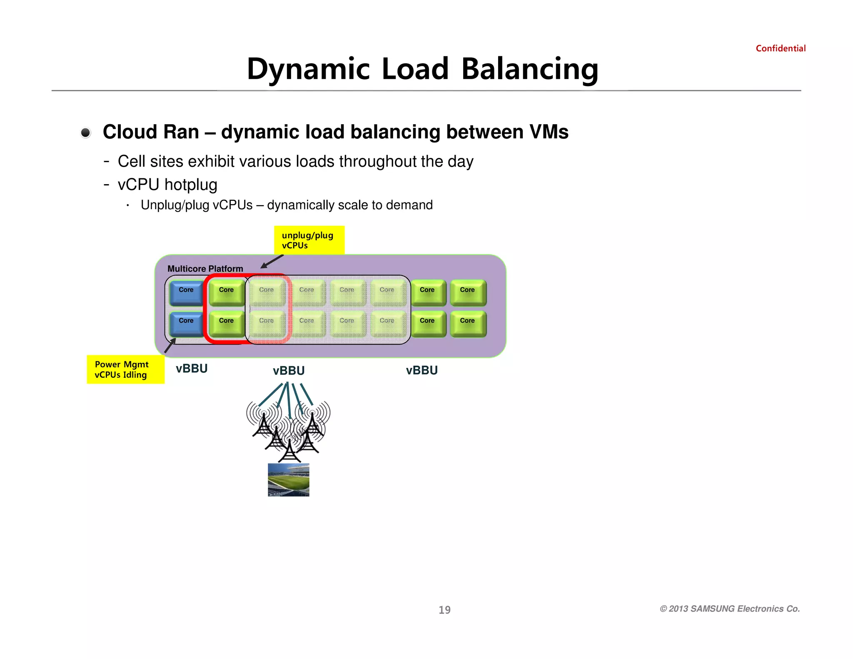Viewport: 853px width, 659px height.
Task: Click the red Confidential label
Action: click(780, 48)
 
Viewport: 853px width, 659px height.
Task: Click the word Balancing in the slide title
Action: click(529, 69)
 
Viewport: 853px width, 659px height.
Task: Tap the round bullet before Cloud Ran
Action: click(86, 133)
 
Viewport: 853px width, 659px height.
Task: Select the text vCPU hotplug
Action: click(167, 185)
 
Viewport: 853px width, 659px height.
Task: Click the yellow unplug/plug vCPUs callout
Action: click(309, 240)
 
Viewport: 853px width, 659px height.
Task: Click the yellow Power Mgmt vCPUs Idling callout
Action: click(125, 369)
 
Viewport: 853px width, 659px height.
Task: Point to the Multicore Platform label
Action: click(205, 269)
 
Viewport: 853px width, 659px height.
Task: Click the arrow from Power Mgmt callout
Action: click(170, 345)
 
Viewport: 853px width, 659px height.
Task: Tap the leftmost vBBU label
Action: click(192, 369)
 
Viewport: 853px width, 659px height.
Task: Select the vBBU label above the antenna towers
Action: click(289, 370)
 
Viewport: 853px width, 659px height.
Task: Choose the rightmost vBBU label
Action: click(422, 370)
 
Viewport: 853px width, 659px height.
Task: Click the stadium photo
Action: click(288, 479)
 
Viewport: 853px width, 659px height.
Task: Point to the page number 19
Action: click(444, 610)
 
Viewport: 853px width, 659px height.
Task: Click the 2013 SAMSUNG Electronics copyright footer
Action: click(729, 609)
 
